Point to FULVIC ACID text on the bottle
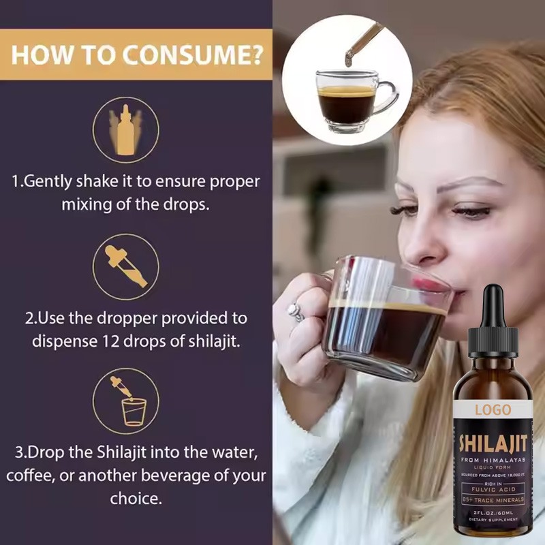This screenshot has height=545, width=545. pyautogui.click(x=494, y=488)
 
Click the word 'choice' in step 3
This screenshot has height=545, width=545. pyautogui.click(x=136, y=498)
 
